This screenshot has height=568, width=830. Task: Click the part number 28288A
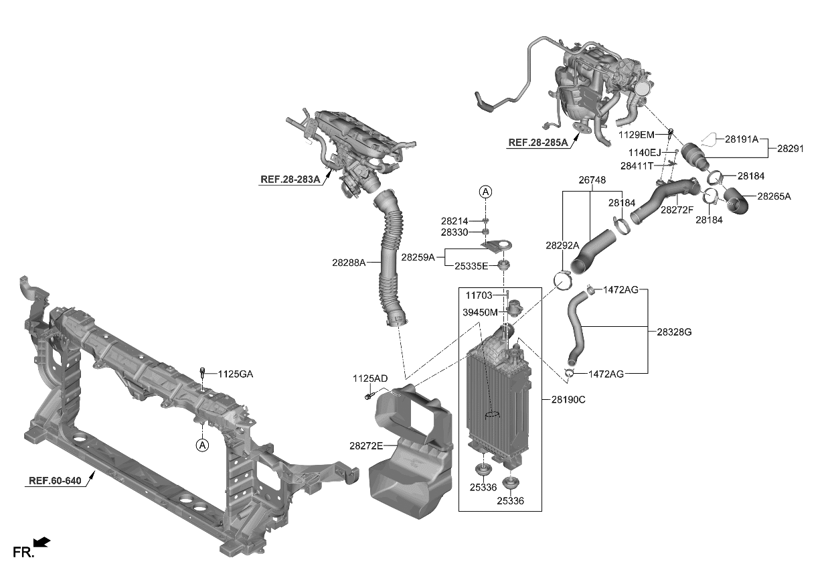click(348, 263)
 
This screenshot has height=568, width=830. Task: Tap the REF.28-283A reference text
click(290, 180)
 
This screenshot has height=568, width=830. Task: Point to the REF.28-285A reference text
click(537, 143)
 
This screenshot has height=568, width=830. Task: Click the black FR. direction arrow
click(41, 542)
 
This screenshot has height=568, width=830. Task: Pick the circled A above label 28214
click(485, 192)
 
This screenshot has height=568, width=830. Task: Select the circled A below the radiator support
click(201, 444)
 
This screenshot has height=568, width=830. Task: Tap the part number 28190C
click(568, 399)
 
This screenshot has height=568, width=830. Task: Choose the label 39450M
click(480, 312)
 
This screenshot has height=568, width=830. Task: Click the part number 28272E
click(366, 445)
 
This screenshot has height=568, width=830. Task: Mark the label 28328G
click(674, 332)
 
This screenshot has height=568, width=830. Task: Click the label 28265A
click(774, 196)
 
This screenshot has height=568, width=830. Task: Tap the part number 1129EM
click(637, 135)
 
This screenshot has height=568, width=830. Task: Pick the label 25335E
click(472, 266)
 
